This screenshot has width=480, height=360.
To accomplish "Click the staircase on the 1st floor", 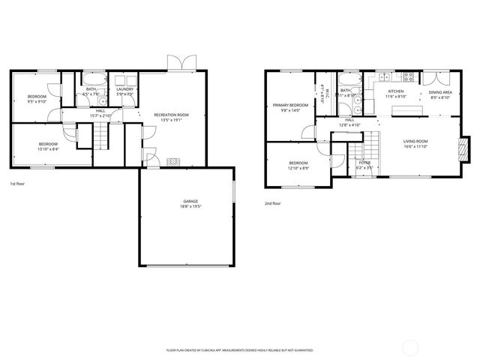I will pos(101,136).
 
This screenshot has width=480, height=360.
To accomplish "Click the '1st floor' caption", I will pos(17,184).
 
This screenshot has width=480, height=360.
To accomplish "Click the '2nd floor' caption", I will pos(272,203).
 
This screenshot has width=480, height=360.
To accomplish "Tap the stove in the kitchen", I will pos(409,76).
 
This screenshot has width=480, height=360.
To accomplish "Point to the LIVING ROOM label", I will pos(415,143).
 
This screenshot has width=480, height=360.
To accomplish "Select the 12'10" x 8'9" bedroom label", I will pos(298,165).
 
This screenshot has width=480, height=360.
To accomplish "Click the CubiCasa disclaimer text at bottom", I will pos(239,349).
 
